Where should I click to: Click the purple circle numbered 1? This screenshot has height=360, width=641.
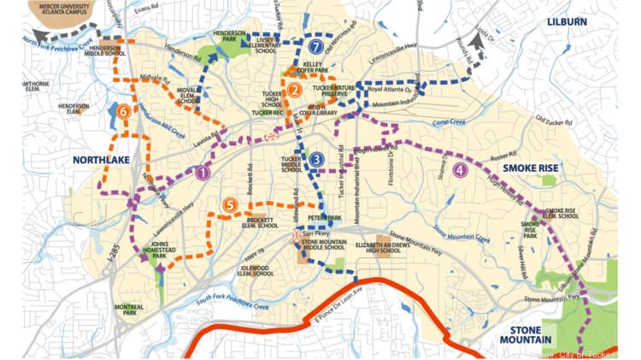coord(202,173)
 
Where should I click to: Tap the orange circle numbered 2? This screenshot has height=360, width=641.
coord(294,90)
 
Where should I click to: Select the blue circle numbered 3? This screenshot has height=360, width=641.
coord(316,159)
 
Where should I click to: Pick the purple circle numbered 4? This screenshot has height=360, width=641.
coord(461,169)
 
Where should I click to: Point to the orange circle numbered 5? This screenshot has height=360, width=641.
coord(230,204)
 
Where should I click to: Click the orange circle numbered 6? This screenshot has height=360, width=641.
coord(125,110)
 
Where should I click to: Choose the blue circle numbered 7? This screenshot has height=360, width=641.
coord(316,47)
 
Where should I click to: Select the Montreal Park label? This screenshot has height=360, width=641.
coord(129,310)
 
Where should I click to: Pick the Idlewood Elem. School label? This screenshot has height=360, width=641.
coord(256,271)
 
